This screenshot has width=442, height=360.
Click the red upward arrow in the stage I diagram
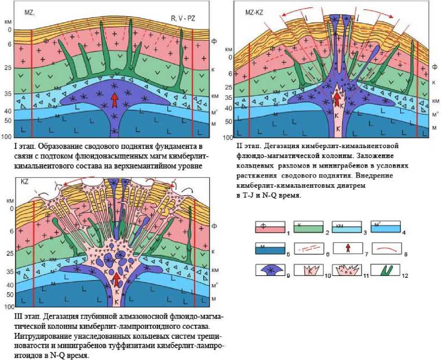tap(115, 98)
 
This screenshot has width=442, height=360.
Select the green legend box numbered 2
tap(308, 227)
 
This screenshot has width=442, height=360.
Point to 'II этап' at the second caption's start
tap(246, 146)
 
